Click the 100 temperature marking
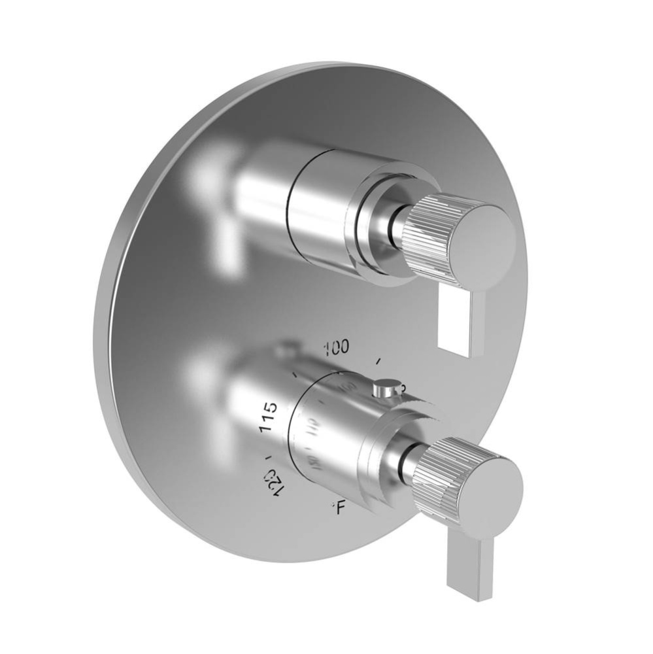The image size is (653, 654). coord(337,347)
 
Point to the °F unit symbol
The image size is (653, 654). coord(338,507)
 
